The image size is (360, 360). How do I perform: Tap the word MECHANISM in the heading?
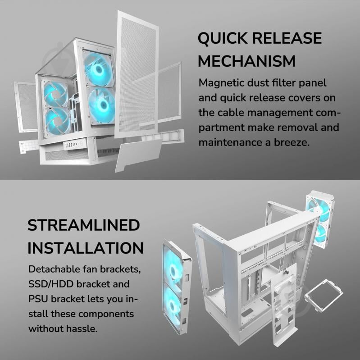tap(246, 61)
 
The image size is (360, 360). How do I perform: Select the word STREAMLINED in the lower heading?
tap(83, 225)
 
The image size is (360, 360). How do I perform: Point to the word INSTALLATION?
tap(86, 248)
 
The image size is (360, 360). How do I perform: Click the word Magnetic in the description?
tap(221, 83)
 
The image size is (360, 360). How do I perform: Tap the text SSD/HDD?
tap(50, 284)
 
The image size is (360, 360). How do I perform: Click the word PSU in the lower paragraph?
tap(38, 299)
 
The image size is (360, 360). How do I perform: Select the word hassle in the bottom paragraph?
tap(82, 328)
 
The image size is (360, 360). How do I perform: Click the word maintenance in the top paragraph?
tap(230, 142)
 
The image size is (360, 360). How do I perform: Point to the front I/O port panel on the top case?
tap(73, 145)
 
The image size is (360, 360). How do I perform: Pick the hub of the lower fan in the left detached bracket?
tap(173, 305)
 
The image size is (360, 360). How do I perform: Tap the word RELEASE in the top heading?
tap(287, 38)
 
